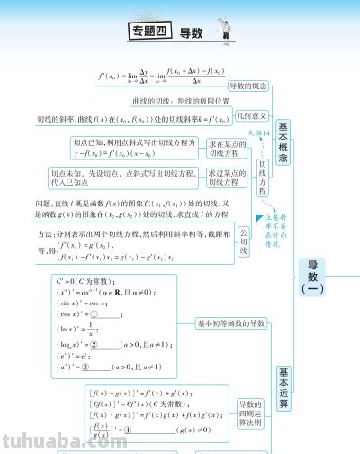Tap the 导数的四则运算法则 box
click(x=249, y=414)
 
